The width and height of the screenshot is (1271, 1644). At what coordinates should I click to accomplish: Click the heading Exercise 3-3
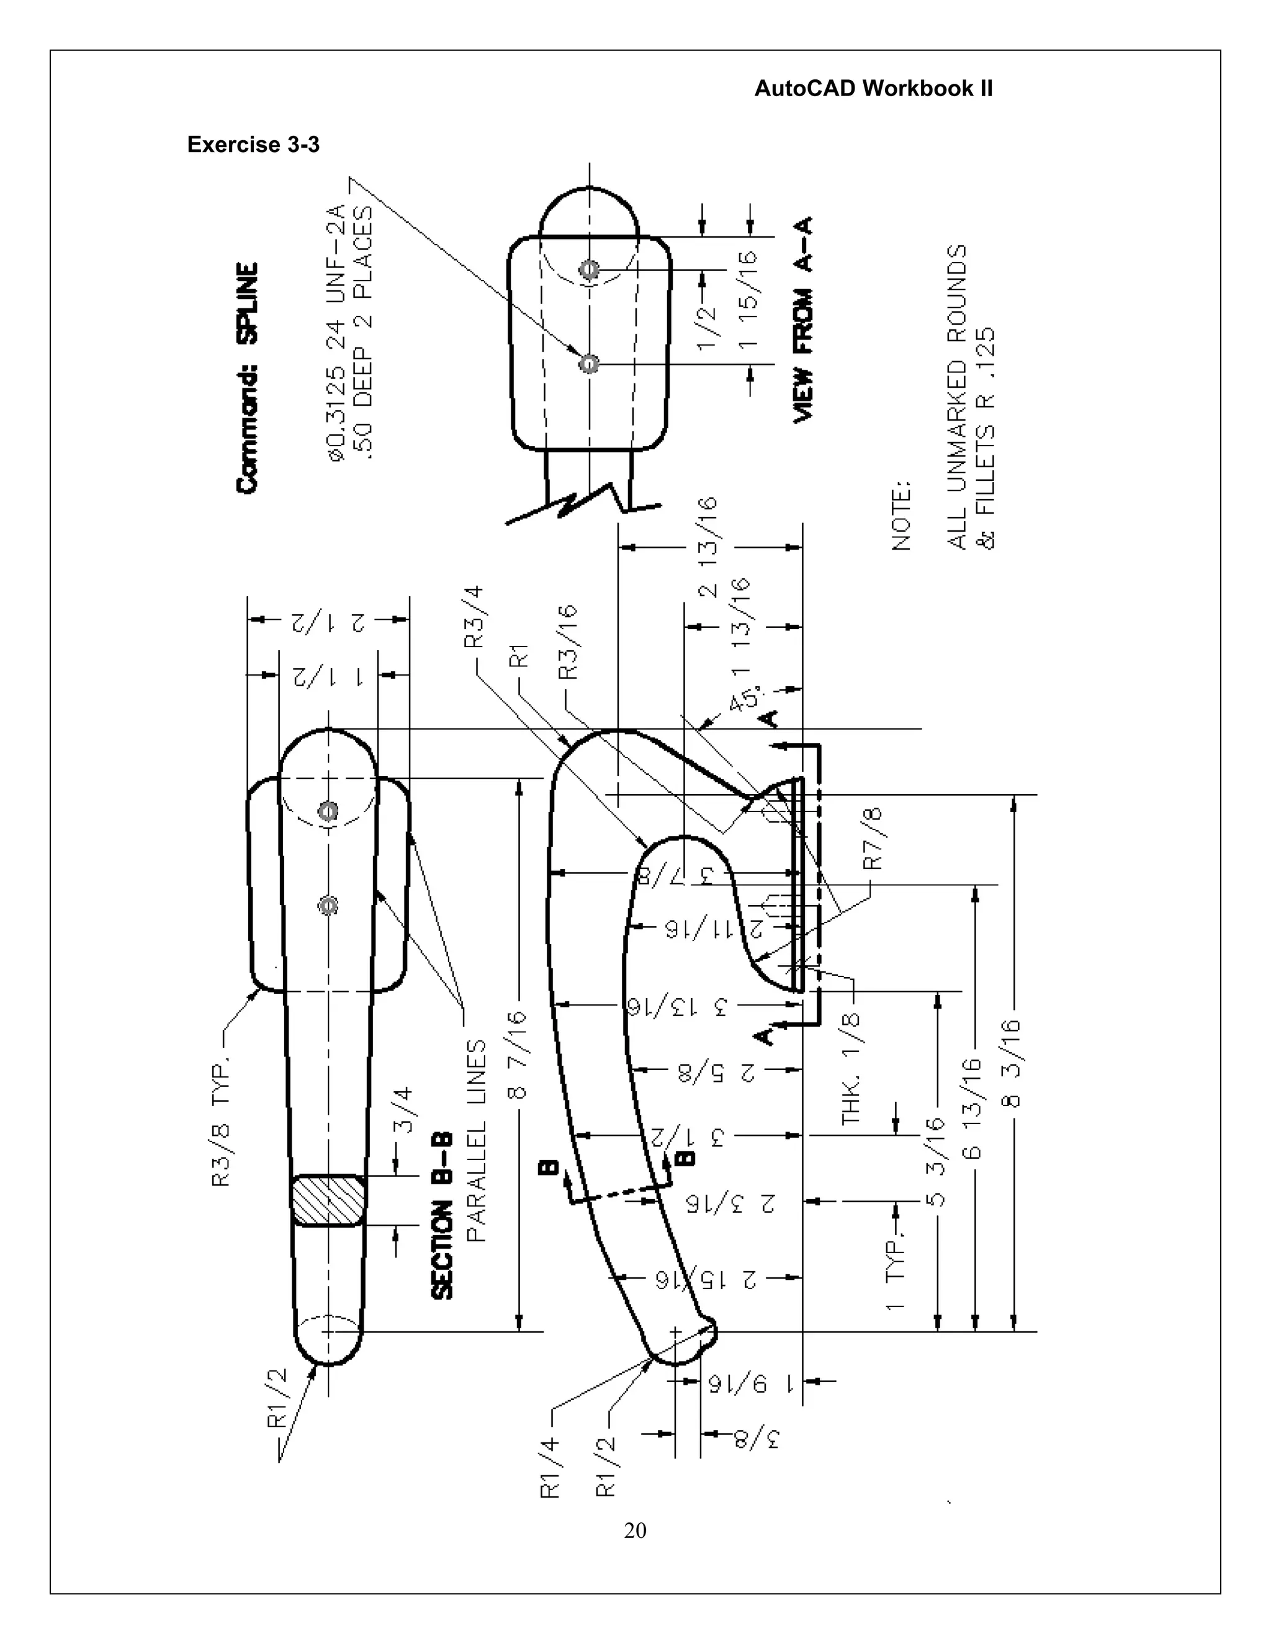point(253,145)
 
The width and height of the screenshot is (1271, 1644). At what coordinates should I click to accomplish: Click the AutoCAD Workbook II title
point(873,89)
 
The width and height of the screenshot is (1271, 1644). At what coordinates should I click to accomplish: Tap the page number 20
point(635,1530)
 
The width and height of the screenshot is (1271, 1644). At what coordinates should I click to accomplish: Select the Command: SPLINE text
point(248,377)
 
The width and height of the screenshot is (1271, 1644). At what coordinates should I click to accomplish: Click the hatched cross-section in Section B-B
point(328,1200)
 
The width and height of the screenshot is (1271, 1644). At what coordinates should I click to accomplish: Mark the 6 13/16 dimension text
point(974,1107)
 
